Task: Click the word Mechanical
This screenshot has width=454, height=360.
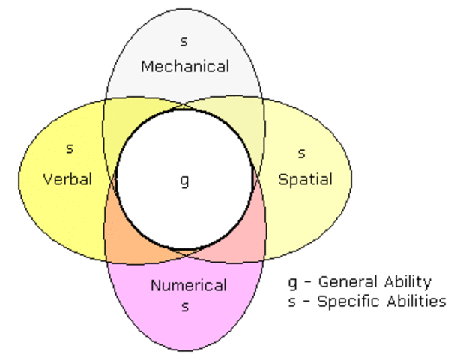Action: click(x=184, y=66)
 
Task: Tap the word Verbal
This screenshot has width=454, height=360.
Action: click(x=67, y=179)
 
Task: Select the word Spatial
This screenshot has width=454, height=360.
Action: click(x=304, y=179)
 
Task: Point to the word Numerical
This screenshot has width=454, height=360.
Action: click(x=188, y=285)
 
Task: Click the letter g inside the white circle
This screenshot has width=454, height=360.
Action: click(x=184, y=181)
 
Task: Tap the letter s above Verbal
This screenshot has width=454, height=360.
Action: click(x=69, y=148)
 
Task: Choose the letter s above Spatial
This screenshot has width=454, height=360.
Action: click(x=302, y=153)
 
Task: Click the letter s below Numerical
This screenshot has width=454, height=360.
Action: click(x=185, y=306)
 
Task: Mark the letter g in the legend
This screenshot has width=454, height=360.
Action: click(x=293, y=283)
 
